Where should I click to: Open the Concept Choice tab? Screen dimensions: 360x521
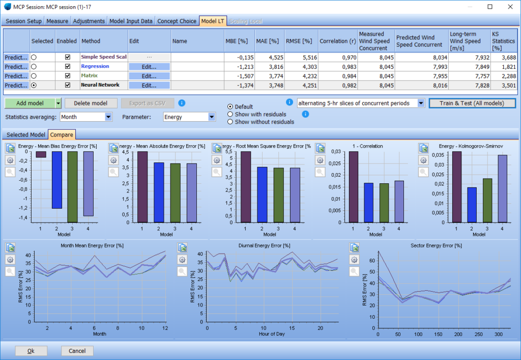coord(177,21)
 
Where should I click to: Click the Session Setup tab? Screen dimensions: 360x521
coord(23,21)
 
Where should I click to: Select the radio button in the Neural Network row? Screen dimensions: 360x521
coord(34,86)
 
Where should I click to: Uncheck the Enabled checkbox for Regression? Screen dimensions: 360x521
coord(68,67)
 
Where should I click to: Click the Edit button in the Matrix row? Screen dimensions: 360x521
coord(149,76)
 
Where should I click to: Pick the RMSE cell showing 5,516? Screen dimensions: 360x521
coord(300,57)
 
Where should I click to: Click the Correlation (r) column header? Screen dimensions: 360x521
coord(337,41)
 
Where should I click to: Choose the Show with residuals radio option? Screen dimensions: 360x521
coord(230,114)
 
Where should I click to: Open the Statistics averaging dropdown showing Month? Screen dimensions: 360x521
coord(85,117)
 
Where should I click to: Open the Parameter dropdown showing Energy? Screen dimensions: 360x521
coord(189,117)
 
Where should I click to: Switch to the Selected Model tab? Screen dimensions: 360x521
coord(26,135)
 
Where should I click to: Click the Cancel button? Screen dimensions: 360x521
coord(77,351)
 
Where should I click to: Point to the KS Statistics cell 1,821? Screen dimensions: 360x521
coord(503,67)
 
